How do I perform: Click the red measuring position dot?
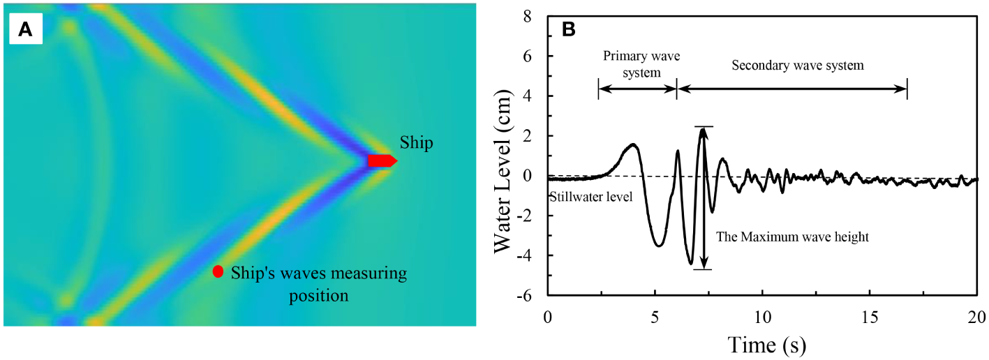tap(218, 271)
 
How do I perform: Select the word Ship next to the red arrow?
tap(416, 143)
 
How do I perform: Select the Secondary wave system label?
tap(797, 66)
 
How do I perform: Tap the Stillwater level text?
tap(590, 197)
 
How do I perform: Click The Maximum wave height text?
tap(792, 237)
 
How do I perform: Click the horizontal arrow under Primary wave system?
tap(637, 88)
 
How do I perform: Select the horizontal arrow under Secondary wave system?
tap(792, 88)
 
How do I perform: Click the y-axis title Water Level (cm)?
tap(507, 151)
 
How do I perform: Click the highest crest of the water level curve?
tap(702, 130)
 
